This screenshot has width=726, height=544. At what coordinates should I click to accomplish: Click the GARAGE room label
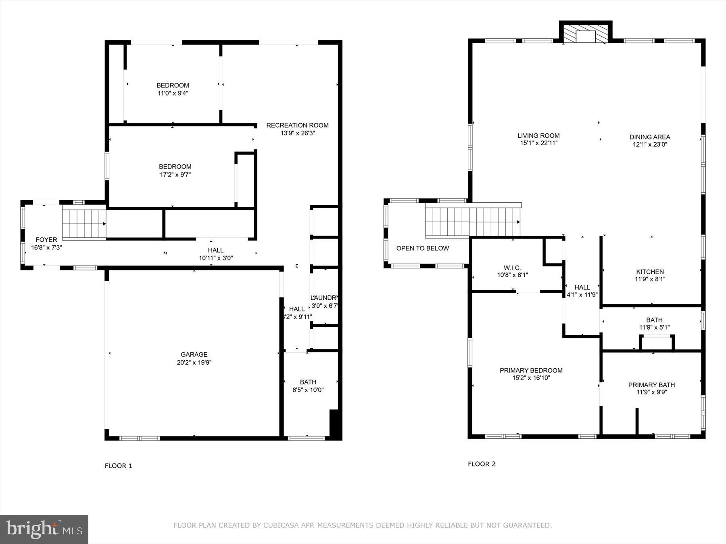coord(194,355)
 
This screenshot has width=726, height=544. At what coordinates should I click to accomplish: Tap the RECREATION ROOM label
coord(297,125)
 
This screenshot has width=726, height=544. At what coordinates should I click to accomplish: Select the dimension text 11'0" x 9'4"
coord(173,93)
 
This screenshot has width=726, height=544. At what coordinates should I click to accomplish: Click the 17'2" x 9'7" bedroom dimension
coord(175,174)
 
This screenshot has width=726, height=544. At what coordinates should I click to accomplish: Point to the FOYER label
coord(46,240)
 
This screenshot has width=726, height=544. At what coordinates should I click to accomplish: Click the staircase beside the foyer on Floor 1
coord(84,224)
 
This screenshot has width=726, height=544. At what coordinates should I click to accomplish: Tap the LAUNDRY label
coord(324,298)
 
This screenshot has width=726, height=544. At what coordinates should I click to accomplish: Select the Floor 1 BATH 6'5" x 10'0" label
coord(308,386)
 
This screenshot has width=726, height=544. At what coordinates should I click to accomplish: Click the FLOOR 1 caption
coord(119,466)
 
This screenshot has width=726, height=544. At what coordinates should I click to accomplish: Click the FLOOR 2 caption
coord(482,464)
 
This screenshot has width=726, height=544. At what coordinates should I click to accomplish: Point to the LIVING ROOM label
coord(538,136)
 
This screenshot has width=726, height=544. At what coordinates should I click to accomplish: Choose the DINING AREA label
coord(650,137)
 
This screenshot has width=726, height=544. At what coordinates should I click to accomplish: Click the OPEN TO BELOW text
coord(422,248)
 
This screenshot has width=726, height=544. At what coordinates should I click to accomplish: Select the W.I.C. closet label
coord(512,268)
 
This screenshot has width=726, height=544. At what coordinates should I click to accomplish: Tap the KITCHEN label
coord(650,272)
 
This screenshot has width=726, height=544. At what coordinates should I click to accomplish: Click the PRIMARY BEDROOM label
coord(531,370)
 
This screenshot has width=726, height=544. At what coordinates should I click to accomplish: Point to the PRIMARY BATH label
coord(651,385)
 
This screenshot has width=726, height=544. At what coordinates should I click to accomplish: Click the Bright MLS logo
coord(44,529)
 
